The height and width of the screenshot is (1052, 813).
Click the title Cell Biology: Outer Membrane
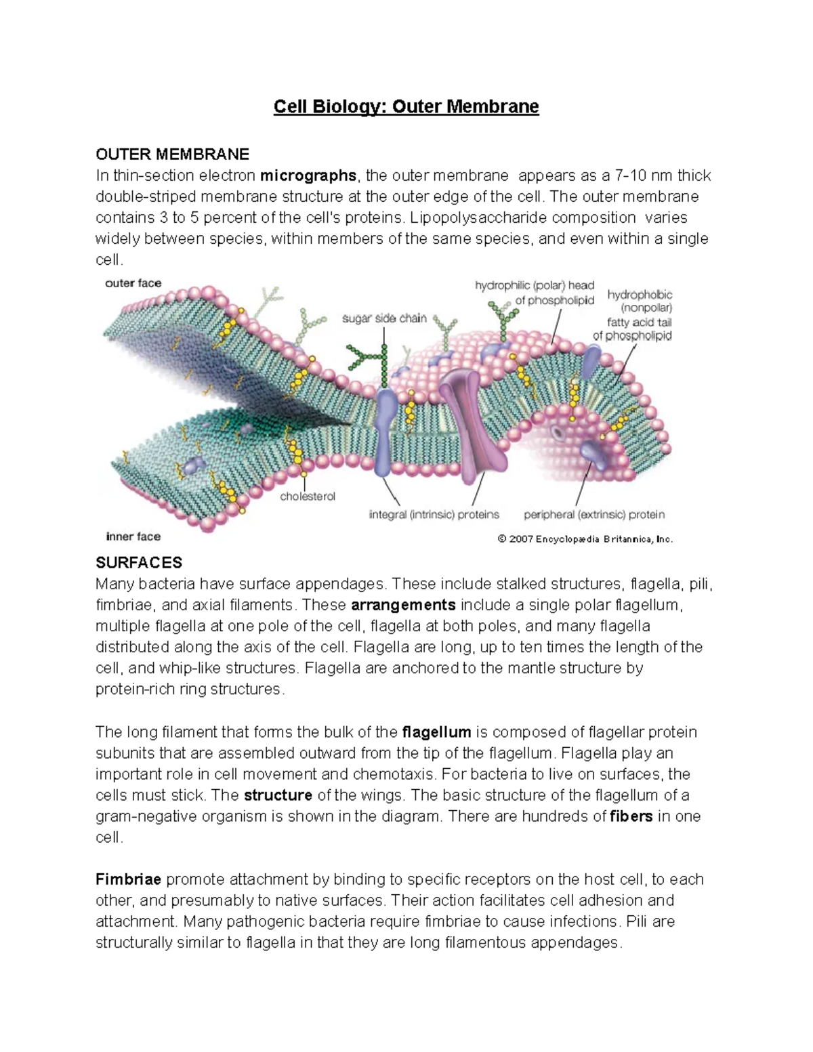[x=406, y=107]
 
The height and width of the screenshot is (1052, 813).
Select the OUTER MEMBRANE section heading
[x=172, y=154]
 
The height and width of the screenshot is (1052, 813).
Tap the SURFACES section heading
[x=139, y=563]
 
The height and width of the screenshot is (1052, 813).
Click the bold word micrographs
[x=308, y=176]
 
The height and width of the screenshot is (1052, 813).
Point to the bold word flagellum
[x=436, y=732]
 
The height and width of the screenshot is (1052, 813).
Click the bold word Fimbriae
[x=128, y=880]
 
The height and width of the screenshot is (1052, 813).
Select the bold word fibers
[x=631, y=816]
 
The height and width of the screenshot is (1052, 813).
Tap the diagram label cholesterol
[x=308, y=497]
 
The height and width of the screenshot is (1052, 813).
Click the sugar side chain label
[x=384, y=318]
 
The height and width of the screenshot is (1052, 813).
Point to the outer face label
[x=133, y=283]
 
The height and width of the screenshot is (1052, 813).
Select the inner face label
[x=133, y=536]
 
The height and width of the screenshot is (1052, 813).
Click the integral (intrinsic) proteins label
[x=434, y=515]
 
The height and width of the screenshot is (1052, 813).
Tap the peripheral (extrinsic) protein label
[x=594, y=515]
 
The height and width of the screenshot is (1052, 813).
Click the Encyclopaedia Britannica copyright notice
[x=585, y=539]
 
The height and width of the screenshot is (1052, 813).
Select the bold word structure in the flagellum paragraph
[x=278, y=795]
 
